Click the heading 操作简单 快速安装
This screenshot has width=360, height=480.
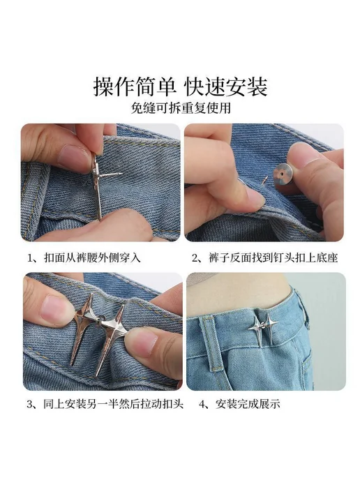[180, 87]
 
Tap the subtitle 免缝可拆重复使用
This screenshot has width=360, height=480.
[181, 107]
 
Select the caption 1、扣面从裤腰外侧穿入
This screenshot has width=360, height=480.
[84, 257]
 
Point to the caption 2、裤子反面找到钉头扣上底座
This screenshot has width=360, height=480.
[265, 257]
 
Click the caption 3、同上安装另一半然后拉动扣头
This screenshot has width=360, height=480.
[105, 404]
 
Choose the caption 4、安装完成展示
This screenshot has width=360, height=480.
[240, 404]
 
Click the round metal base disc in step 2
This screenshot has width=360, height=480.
[283, 174]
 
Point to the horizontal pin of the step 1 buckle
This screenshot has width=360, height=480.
[112, 174]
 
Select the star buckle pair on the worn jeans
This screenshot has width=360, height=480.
[261, 330]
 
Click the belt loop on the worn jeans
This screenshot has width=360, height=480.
[211, 343]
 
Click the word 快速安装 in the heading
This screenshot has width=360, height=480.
[226, 87]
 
